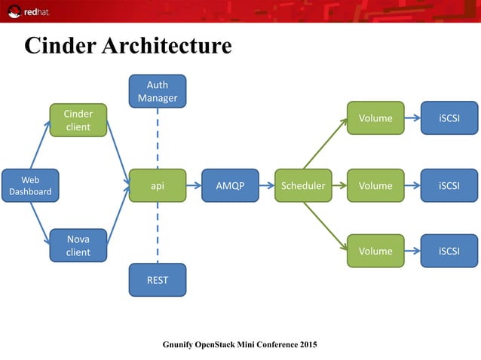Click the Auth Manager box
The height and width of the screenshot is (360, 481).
point(158,91)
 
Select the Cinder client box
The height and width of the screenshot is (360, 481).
point(78,121)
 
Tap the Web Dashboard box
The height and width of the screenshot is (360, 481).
point(30,185)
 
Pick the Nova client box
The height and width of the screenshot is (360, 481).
point(78,246)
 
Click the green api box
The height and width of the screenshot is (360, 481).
point(158,185)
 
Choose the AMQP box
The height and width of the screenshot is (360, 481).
point(230,185)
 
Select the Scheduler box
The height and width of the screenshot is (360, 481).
point(303,185)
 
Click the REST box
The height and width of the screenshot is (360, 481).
point(158,280)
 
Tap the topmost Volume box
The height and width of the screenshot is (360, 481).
point(375,118)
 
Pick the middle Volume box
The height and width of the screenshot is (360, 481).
point(375,185)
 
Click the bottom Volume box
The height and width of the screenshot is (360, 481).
point(375,251)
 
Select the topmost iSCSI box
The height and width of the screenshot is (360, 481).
point(449,118)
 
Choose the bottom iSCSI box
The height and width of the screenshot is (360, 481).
point(449,251)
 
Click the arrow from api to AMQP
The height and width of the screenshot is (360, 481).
point(194,185)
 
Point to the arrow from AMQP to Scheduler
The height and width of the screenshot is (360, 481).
point(266,185)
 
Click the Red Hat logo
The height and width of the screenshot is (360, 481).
point(28,12)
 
